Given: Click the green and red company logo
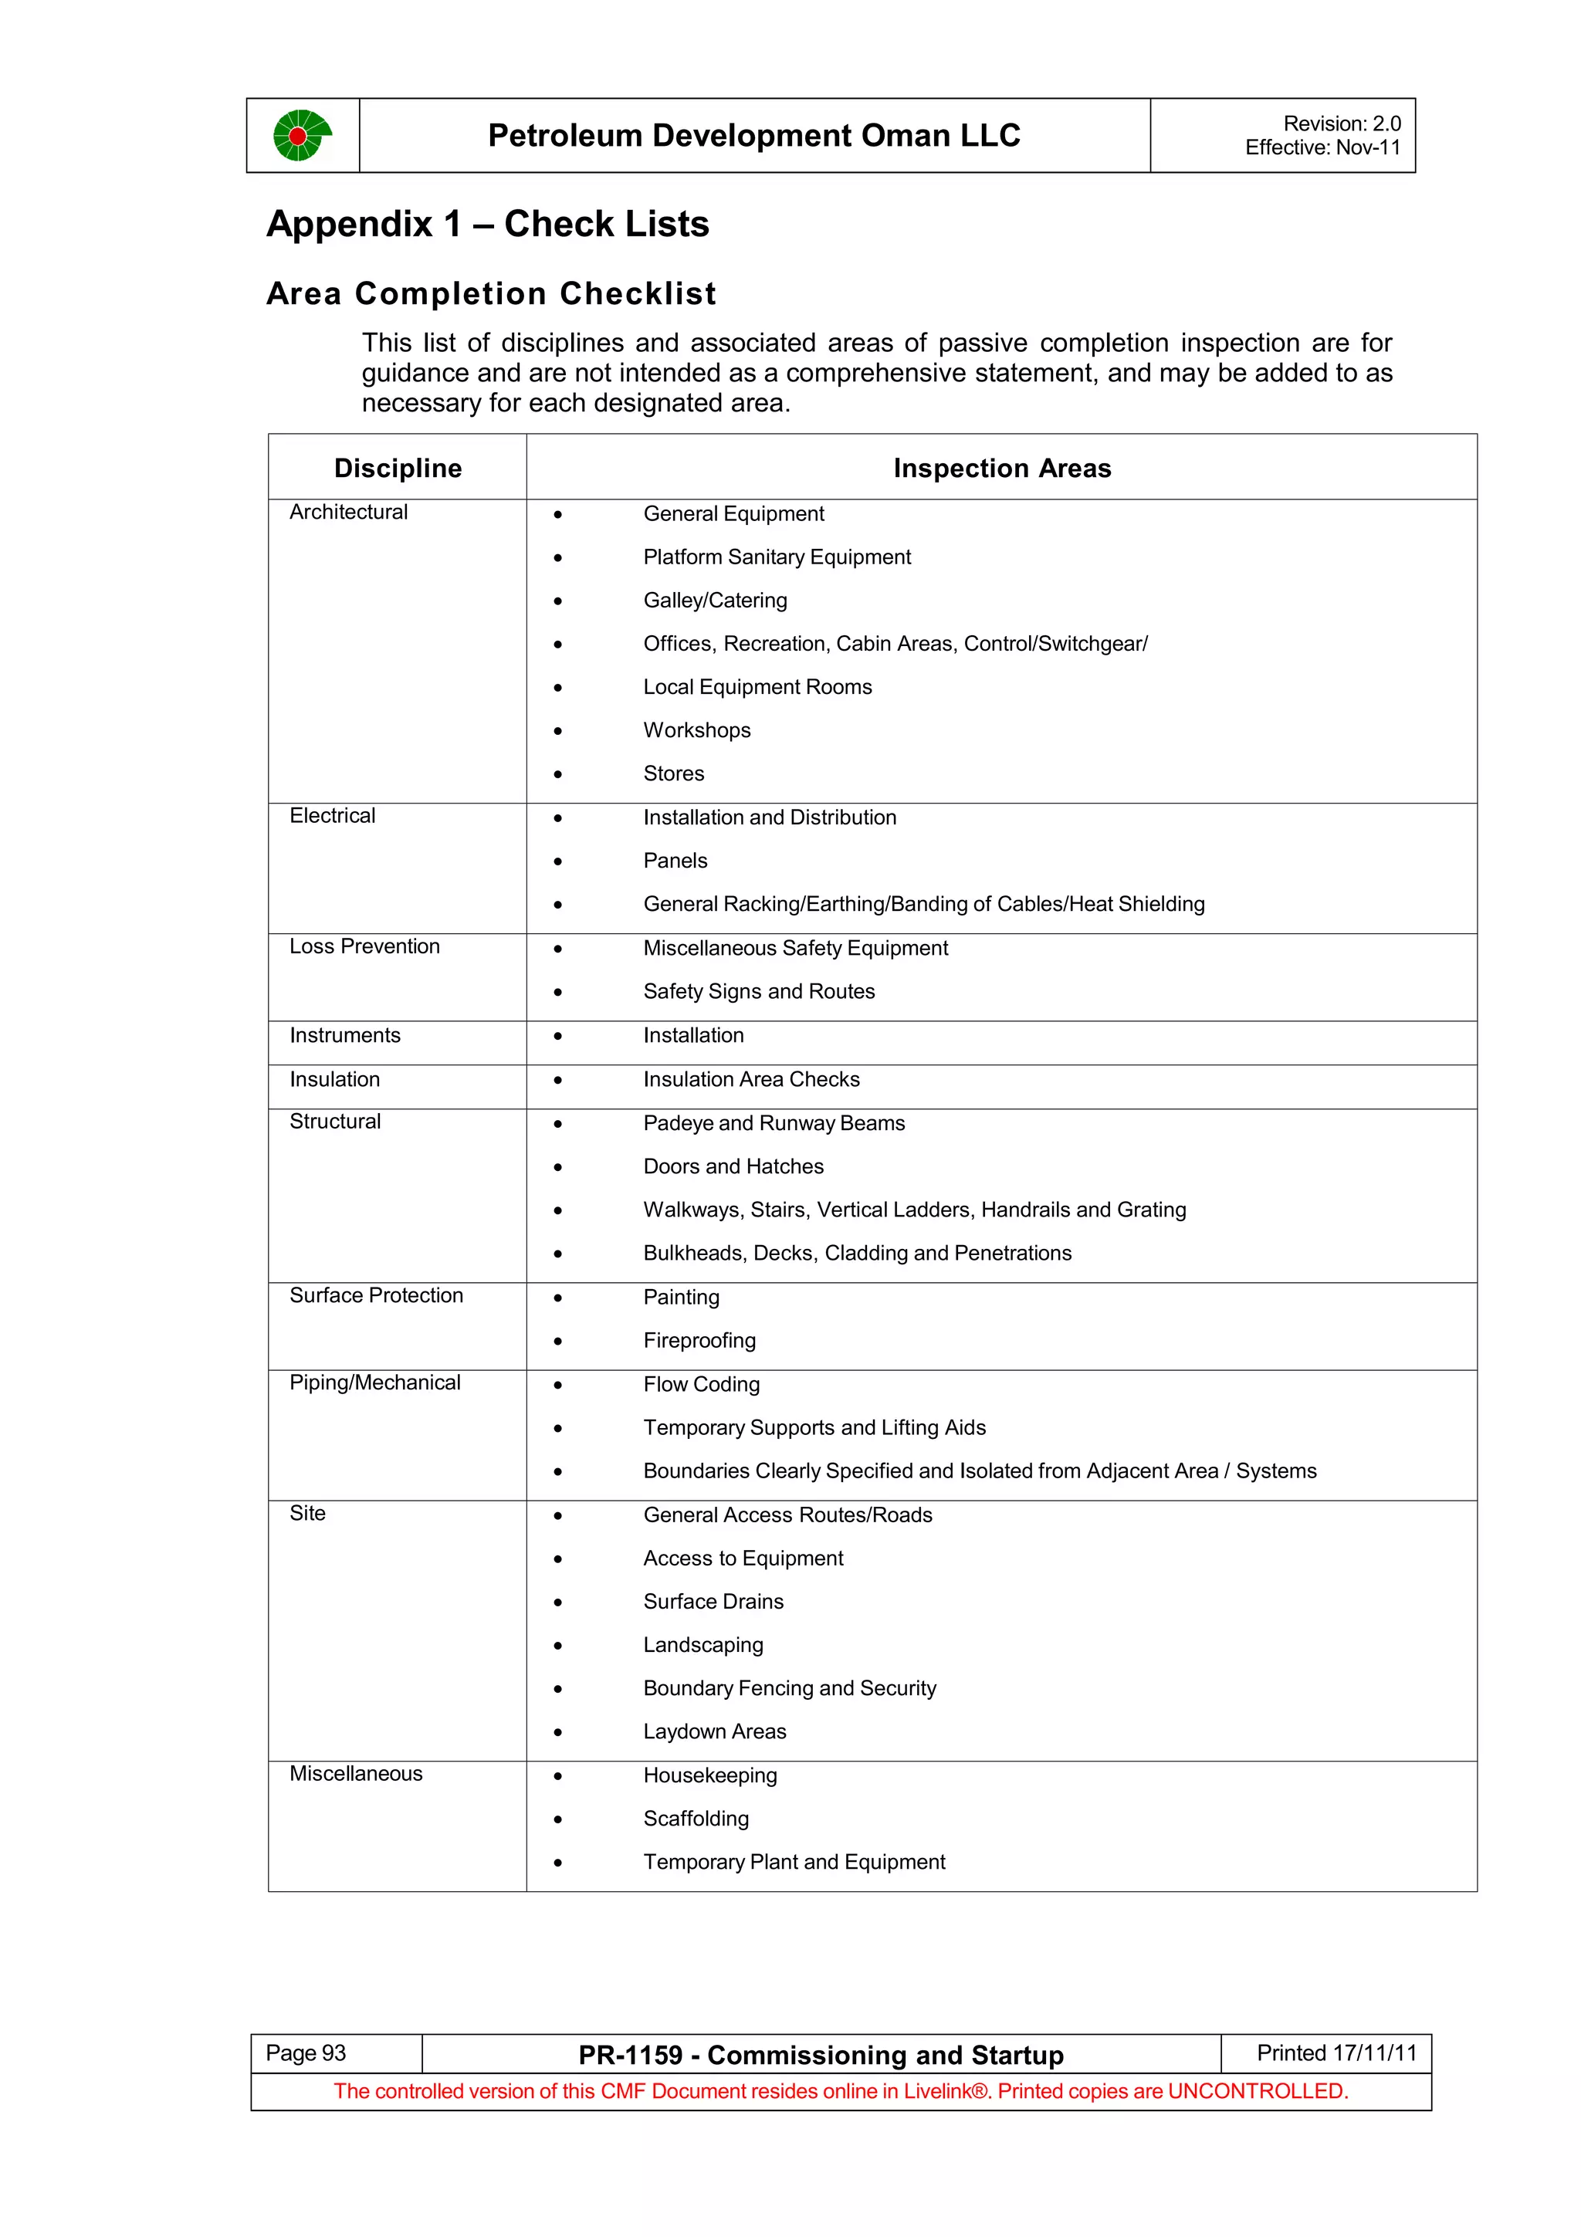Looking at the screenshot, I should point(301,135).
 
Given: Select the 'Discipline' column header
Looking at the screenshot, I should point(398,469).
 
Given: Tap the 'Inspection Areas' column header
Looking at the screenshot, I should point(1001,469).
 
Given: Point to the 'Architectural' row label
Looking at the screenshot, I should point(347,513).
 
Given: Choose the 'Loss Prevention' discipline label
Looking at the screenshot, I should point(364,947).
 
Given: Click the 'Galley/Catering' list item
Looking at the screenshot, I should point(715,601).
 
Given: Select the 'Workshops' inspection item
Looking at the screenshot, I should point(696,731).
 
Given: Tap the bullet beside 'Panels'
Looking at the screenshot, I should point(558,862).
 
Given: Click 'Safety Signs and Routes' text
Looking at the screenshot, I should point(759,992).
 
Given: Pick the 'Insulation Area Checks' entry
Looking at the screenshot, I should point(751,1080).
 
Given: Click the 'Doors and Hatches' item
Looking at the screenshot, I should point(733,1167).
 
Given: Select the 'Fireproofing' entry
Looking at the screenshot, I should point(699,1341).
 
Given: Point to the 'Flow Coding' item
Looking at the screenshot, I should point(702,1385).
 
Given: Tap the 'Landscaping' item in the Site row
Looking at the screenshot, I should point(703,1646).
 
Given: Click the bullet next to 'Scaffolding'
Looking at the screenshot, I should point(558,1820).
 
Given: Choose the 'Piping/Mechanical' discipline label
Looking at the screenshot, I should point(374,1383).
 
